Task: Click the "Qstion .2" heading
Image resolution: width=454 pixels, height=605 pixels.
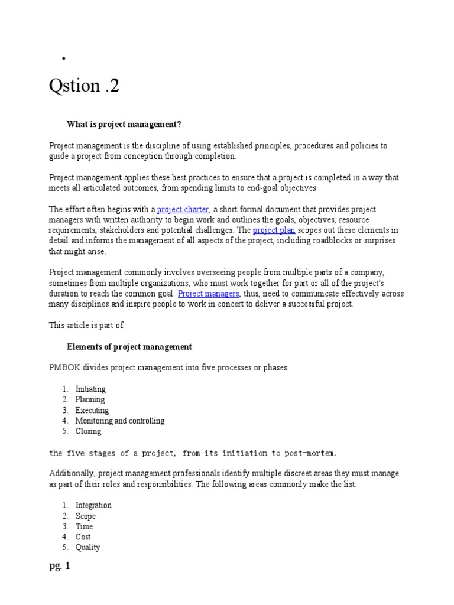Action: [84, 86]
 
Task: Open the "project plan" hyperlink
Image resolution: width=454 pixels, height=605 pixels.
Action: [274, 230]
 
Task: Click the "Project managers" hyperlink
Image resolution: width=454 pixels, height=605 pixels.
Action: [209, 293]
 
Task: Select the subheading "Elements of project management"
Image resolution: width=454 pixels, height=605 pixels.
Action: [129, 346]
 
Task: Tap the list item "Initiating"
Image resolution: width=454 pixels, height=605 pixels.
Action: [90, 389]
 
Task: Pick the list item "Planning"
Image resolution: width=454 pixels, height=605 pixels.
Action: [90, 399]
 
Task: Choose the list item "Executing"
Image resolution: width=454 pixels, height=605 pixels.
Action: [92, 410]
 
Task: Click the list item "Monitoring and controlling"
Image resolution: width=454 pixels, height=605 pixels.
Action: [119, 421]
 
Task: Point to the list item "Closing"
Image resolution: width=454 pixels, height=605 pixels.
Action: [88, 431]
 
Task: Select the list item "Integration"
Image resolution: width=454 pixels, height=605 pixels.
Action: [93, 505]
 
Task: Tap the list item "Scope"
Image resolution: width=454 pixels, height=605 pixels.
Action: [86, 516]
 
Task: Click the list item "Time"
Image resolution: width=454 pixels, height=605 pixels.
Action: [84, 526]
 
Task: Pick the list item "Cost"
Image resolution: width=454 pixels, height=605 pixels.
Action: [83, 537]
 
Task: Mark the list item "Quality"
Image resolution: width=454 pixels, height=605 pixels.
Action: [87, 548]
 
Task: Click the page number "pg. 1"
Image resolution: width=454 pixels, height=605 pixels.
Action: [60, 566]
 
